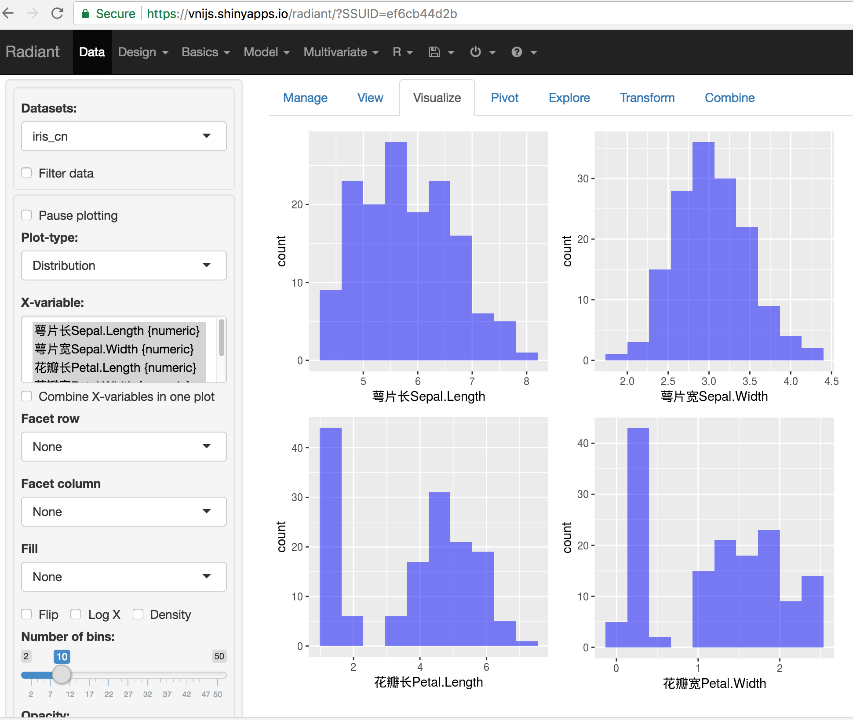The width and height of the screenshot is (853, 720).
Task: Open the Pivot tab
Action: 504,98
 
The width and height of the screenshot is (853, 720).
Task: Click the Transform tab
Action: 647,98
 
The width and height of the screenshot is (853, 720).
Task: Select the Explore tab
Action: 569,98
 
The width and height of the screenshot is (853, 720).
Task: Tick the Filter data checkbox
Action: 27,173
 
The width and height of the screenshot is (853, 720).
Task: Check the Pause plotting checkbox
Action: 27,215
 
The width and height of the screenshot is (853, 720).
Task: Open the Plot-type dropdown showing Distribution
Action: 124,265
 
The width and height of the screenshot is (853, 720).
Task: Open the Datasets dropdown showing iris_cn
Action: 124,136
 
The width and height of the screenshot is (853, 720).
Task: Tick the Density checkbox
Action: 139,614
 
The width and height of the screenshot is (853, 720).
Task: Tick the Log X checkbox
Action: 76,614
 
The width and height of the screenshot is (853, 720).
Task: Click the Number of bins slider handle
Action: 62,674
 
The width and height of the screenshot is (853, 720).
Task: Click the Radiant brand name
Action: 33,52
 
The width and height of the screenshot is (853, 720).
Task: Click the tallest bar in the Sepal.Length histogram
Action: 396,251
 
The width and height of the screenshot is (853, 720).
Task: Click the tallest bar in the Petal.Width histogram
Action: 638,536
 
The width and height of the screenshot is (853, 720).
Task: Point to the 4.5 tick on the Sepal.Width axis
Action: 831,381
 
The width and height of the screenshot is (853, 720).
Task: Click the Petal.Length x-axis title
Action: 428,682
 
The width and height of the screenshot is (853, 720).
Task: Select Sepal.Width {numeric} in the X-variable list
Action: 114,349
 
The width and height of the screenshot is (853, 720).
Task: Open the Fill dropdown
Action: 124,577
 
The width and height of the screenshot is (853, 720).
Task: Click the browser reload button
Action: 58,14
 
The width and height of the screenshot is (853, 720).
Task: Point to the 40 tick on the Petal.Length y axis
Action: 297,448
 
